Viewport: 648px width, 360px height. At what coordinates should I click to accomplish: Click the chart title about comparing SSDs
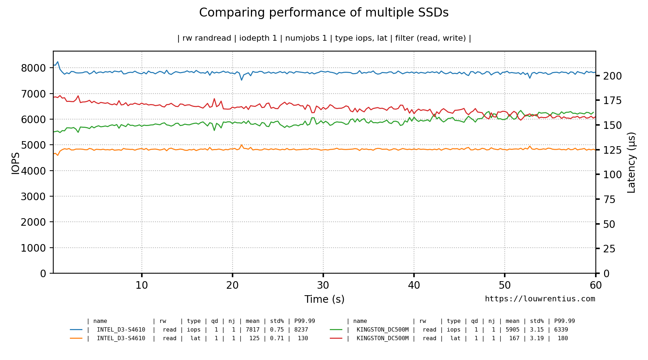pos(324,13)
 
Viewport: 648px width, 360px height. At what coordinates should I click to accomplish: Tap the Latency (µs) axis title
pos(631,162)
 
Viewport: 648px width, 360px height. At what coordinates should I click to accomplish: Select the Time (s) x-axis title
pos(324,299)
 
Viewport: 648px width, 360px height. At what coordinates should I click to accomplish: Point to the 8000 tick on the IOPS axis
pos(33,68)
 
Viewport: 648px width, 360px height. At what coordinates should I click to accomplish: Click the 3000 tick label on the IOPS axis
pos(33,197)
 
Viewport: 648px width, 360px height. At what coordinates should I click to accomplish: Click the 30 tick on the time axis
pos(323,285)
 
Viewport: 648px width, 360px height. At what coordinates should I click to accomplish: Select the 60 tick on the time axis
pos(595,285)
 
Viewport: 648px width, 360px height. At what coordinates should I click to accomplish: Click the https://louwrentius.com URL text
pos(540,299)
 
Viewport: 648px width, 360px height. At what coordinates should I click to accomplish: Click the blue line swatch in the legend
pos(76,329)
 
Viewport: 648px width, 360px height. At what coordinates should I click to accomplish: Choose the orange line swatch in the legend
pos(76,338)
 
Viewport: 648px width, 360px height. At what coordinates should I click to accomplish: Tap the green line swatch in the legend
pos(336,329)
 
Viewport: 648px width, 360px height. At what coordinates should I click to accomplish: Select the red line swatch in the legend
pos(336,338)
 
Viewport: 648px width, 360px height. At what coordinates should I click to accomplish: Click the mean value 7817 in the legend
pos(253,329)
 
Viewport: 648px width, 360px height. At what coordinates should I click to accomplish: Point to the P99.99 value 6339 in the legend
pos(561,329)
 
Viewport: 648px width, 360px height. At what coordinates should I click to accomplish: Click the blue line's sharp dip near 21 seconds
pos(242,80)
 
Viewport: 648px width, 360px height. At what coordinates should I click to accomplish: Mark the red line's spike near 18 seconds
pos(214,99)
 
